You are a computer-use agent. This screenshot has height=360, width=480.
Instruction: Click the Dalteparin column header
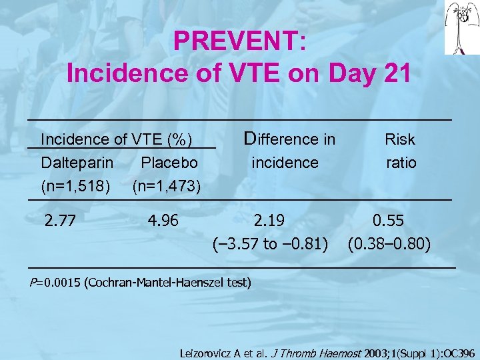[x=77, y=162]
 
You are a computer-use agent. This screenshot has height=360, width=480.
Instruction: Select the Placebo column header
[x=169, y=162]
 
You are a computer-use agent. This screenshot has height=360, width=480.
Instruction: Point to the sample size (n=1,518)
[x=76, y=185]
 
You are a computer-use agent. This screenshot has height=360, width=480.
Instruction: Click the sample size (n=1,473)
[x=167, y=185]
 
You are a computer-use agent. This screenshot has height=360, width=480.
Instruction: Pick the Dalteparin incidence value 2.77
[x=61, y=220]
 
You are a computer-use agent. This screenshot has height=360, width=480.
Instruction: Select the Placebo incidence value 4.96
[x=163, y=220]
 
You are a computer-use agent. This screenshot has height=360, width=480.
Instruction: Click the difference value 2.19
[x=269, y=220]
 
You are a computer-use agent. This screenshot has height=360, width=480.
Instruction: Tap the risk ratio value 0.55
[x=389, y=220]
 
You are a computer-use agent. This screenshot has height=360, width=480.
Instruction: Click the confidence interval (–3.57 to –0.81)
[x=269, y=244]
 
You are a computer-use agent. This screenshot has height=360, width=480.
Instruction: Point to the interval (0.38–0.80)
[x=389, y=244]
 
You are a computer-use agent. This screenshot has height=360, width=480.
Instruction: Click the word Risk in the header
[x=400, y=139]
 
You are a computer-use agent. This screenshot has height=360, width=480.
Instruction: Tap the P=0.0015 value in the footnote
[x=55, y=282]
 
